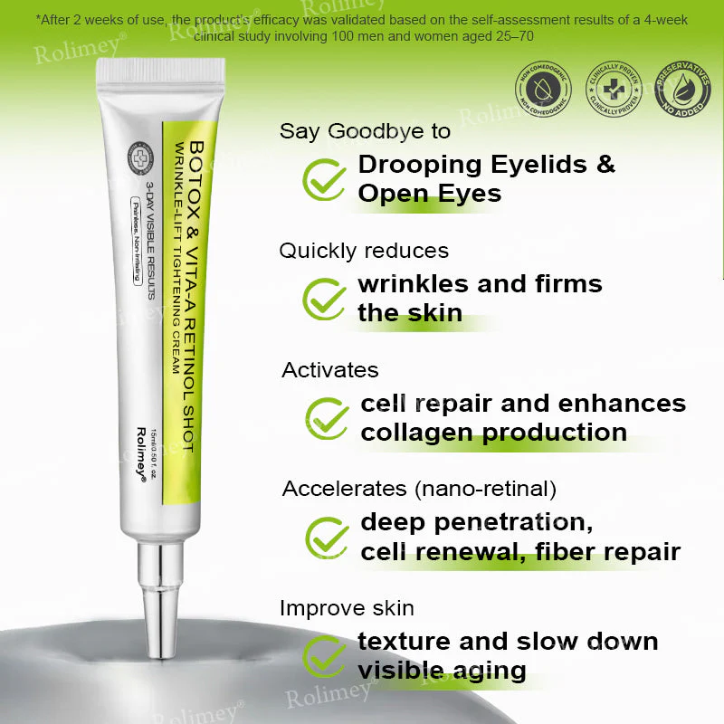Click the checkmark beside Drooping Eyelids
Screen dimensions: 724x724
pyautogui.click(x=323, y=179)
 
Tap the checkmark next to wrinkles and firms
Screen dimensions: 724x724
pyautogui.click(x=323, y=299)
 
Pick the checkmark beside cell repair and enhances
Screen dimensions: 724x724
pyautogui.click(x=326, y=418)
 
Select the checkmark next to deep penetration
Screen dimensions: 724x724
pyautogui.click(x=326, y=538)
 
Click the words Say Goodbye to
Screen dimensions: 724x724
pyautogui.click(x=365, y=131)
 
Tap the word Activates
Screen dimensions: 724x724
pyautogui.click(x=329, y=370)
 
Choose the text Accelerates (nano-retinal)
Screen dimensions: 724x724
pyautogui.click(x=418, y=490)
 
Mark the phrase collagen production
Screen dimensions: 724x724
pyautogui.click(x=493, y=433)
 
